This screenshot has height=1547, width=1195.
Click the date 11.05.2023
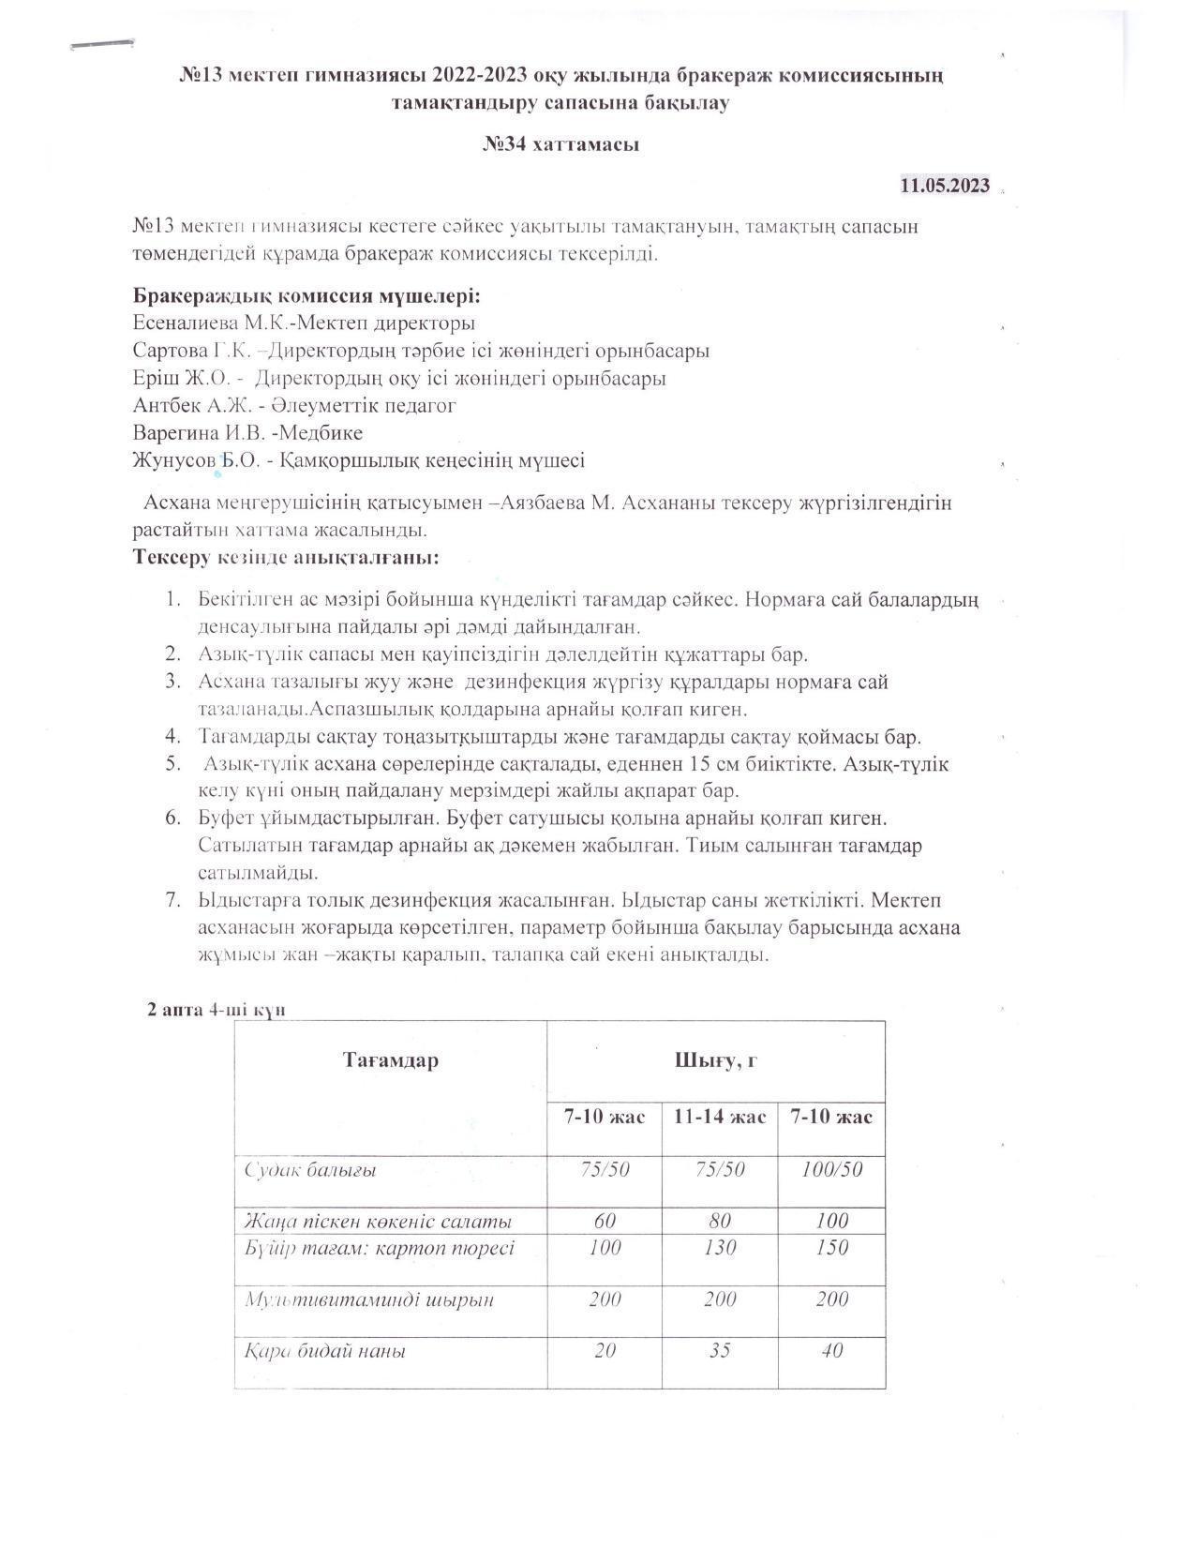945,186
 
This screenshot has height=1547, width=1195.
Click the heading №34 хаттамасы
560,144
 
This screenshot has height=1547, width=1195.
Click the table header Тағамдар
390,1060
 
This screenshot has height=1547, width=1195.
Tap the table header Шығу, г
715,1060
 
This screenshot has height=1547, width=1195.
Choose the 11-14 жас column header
719,1117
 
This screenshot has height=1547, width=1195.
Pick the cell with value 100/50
831,1169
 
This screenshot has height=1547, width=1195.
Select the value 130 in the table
719,1248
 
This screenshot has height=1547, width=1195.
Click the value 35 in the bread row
719,1351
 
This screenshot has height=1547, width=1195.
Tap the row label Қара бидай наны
324,1352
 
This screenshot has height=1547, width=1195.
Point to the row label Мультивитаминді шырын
368,1300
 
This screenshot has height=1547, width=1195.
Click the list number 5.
173,764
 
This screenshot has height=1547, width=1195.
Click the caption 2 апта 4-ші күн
216,1010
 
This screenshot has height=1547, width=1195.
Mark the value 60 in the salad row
605,1221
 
